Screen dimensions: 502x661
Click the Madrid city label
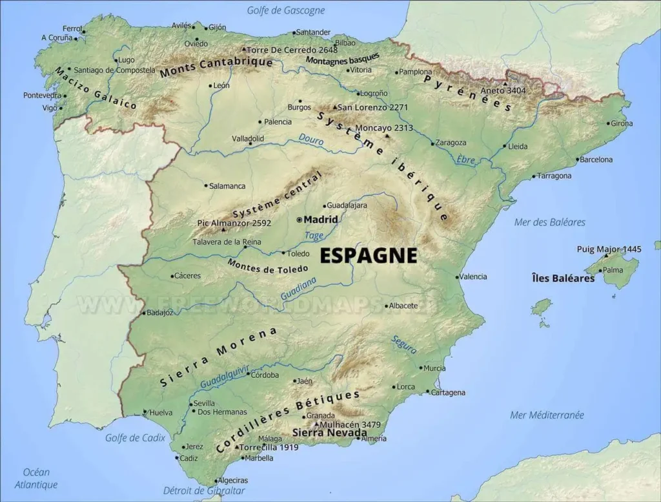tap(321, 220)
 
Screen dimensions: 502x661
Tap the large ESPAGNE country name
tap(369, 255)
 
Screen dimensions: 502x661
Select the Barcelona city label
tap(596, 160)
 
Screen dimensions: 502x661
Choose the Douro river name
tap(311, 140)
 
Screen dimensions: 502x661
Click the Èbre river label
tap(465, 160)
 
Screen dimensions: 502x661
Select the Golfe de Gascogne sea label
tap(286, 10)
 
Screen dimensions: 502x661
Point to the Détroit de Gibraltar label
tap(204, 491)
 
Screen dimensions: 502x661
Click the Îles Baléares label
tap(563, 278)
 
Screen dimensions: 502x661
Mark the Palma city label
tap(613, 270)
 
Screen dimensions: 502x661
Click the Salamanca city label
tap(227, 186)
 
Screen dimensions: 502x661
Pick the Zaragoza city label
tap(451, 142)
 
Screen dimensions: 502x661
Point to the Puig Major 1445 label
tap(609, 249)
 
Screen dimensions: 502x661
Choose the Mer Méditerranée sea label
tap(547, 415)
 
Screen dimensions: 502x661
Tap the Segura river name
tap(403, 344)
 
